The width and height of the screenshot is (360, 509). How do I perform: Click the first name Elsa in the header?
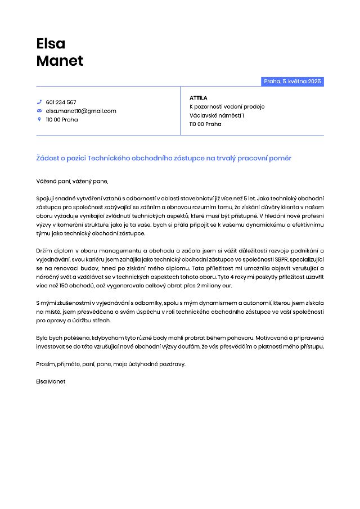tap(51, 43)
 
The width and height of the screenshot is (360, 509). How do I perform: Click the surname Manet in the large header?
tap(60, 61)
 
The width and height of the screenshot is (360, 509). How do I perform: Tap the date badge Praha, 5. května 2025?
tap(292, 82)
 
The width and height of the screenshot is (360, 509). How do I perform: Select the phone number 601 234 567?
tap(61, 102)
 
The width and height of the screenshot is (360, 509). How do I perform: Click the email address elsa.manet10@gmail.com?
tap(81, 111)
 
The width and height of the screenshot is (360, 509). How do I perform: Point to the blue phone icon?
tap(39, 102)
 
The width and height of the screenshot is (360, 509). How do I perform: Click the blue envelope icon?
tap(39, 111)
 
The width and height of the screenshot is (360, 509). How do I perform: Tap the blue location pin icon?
tap(39, 119)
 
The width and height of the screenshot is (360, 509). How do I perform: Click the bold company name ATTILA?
tap(199, 98)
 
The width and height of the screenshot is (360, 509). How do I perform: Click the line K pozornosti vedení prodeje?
tap(227, 107)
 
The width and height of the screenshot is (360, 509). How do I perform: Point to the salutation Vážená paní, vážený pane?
tap(72, 181)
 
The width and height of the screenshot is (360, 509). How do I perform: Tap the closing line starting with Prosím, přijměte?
tap(110, 364)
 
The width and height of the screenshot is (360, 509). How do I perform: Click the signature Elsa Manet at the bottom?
tap(51, 381)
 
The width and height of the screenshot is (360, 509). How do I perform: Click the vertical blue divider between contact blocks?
tap(181, 111)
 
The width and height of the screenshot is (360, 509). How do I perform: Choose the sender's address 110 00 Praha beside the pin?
tap(62, 119)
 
